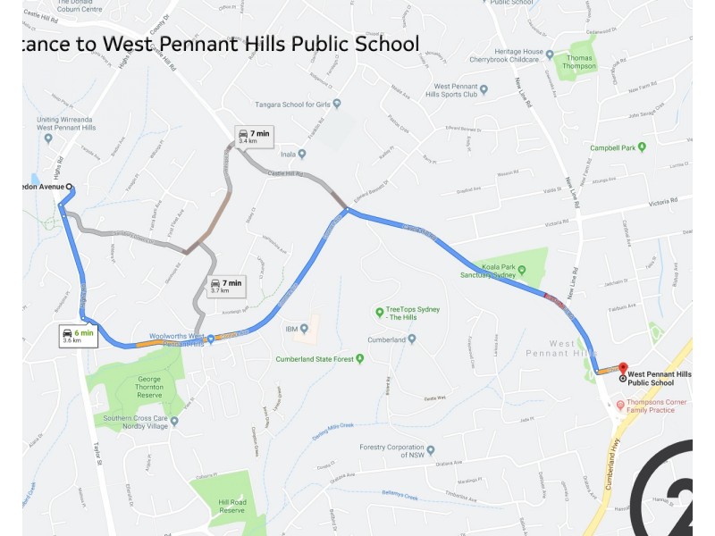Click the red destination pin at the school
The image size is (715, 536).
tap(623, 368)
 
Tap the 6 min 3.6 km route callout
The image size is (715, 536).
tap(77, 336)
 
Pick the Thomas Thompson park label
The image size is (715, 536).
tap(579, 62)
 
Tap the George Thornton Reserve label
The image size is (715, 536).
tap(137, 386)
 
